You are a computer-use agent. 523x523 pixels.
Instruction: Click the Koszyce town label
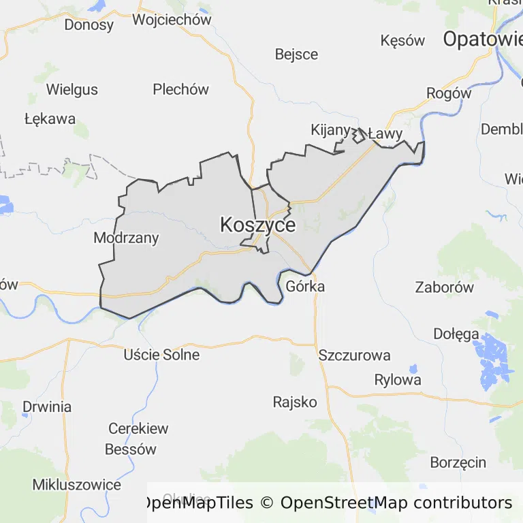[257, 225]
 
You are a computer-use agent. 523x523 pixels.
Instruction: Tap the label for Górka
[305, 286]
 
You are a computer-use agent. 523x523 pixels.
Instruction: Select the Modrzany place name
[126, 238]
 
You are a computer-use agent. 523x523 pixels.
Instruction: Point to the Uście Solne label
[161, 355]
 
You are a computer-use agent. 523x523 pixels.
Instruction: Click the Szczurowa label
[354, 355]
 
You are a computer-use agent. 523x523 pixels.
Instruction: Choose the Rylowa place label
[398, 380]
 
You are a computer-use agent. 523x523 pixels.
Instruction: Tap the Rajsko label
[295, 402]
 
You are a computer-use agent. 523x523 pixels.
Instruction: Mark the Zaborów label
[444, 287]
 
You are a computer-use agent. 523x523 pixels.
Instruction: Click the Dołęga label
[456, 334]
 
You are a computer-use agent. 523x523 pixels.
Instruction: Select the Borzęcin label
[458, 462]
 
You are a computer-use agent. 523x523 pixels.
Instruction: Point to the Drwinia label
[47, 407]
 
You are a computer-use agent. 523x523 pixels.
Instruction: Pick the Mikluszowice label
[77, 485]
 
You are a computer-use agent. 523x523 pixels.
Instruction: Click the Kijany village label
[330, 129]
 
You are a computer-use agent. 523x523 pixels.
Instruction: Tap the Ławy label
[385, 134]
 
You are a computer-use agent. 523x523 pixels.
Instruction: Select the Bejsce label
[296, 54]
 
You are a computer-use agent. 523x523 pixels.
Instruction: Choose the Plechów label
[180, 89]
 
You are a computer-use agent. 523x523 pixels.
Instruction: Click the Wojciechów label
[172, 19]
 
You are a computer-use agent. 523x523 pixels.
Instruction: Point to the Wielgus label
[72, 89]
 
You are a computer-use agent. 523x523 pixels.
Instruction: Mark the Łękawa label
[50, 118]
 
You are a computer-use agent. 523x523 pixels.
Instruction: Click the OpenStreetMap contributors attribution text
[396, 503]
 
